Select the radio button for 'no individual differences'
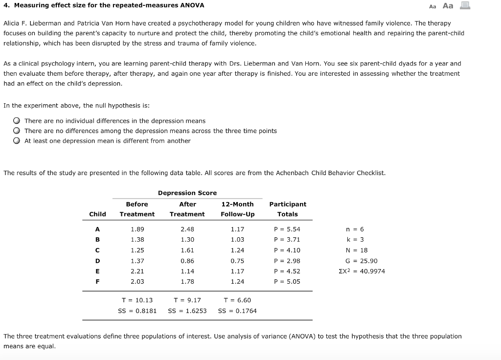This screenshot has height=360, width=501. click(17, 121)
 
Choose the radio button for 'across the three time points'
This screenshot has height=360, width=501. click(17, 131)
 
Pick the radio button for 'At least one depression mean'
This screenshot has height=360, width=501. click(17, 141)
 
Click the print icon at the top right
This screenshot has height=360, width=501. click(465, 6)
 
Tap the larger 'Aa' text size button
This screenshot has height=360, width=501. click(448, 6)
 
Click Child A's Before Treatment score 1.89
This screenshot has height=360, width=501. click(137, 229)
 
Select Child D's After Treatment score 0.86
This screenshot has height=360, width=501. click(187, 261)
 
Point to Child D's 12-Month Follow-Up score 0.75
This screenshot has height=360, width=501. click(237, 261)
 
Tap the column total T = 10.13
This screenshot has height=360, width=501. click(137, 300)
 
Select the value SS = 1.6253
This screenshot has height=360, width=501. click(187, 311)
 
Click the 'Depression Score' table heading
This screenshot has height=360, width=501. click(187, 193)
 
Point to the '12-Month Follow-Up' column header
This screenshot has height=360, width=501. click(237, 209)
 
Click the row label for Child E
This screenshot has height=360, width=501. click(97, 271)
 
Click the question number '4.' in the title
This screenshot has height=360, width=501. click(6, 5)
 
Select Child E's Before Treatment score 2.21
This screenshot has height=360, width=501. click(137, 271)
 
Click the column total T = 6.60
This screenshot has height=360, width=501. click(237, 300)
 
